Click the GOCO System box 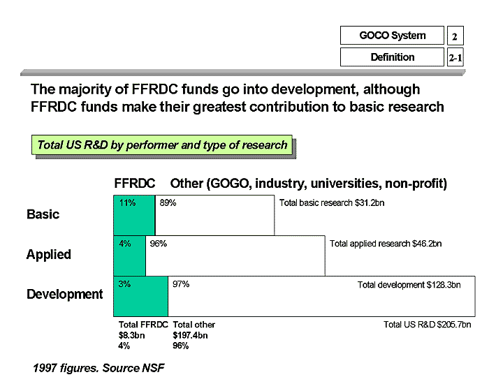pos(392,36)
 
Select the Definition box pos(392,57)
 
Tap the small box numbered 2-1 pos(455,57)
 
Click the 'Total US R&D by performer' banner pos(162,145)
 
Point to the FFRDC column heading pos(134,184)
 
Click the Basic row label pos(43,214)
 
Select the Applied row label pos(48,254)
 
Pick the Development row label pos(64,295)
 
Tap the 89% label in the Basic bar pos(168,203)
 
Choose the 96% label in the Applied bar pos(158,244)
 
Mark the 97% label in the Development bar pos(181,284)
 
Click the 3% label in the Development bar pos(124,284)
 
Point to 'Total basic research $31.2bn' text pos(332,203)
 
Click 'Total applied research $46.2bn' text pos(386,244)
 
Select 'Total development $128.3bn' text pos(409,285)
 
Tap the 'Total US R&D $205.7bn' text pos(427,325)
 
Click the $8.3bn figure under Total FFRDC pos(131,335)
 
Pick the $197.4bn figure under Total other pos(190,335)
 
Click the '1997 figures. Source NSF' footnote pos(98,367)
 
